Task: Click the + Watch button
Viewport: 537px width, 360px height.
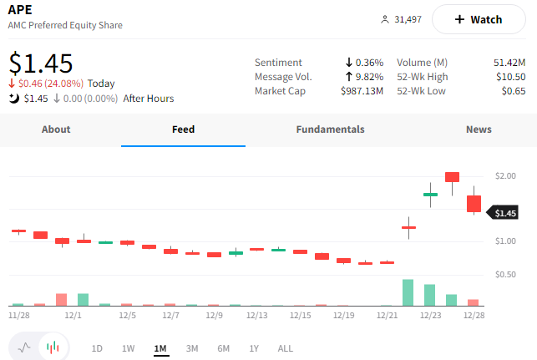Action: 479,19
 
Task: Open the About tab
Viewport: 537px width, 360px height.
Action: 56,129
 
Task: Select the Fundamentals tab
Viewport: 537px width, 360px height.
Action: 330,129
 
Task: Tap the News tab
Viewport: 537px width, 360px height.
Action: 479,129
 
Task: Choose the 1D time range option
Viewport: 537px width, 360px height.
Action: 97,348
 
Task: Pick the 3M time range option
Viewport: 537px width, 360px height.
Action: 192,348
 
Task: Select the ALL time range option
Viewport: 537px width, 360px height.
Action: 286,348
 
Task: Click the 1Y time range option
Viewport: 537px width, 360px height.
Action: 254,348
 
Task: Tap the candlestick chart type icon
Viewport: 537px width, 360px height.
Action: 53,347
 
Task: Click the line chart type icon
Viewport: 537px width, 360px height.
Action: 24,347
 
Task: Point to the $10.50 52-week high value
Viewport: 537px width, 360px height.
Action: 508,76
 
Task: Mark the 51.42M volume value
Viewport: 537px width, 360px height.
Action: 509,63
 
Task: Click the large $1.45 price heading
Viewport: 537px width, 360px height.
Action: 41,63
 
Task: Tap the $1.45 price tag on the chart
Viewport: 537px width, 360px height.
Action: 504,213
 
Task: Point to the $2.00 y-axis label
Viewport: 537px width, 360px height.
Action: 504,176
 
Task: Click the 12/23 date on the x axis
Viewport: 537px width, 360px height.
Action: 430,316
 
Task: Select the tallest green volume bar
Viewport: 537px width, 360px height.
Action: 408,292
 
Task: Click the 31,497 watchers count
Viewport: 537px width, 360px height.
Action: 408,19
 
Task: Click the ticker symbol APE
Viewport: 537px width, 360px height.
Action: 21,10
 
